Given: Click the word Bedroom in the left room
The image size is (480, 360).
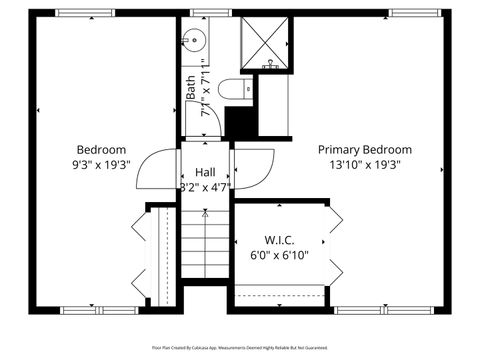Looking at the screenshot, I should click(x=101, y=149).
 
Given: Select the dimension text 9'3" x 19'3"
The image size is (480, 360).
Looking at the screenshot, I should click(x=101, y=164).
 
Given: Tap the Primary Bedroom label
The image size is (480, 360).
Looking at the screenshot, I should click(x=364, y=149).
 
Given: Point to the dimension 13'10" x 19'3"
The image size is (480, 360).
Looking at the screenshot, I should click(x=364, y=164).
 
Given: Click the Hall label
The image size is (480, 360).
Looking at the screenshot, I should click(x=204, y=171).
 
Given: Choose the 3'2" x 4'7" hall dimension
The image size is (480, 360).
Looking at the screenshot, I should click(x=204, y=186).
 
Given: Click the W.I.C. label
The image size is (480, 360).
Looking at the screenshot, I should click(x=279, y=240).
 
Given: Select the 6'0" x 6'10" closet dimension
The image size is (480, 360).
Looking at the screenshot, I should click(x=279, y=255).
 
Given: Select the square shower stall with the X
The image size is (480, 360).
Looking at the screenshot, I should click(x=265, y=44).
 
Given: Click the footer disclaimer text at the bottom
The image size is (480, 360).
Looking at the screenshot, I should click(x=240, y=347).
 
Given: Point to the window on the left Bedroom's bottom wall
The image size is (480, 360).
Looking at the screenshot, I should click(x=101, y=309).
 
